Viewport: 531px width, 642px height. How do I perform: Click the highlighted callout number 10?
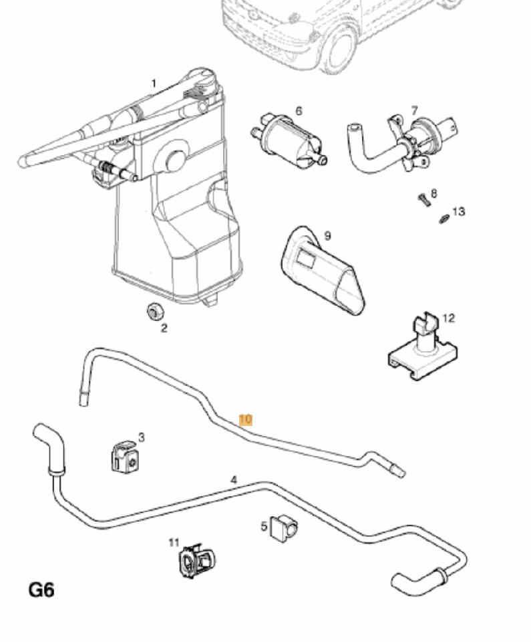coord(245,419)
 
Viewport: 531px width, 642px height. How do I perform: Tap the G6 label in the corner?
coord(41,590)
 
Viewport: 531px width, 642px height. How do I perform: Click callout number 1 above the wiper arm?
coord(154,84)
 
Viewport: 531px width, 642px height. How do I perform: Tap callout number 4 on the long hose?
coord(234,479)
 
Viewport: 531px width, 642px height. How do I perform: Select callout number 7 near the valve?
coord(414,110)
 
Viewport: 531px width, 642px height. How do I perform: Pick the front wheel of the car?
coord(340,50)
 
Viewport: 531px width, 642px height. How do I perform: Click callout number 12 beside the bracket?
coord(448,318)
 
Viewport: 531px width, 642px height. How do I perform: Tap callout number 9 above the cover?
coord(327,235)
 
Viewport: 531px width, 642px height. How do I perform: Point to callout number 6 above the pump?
coord(299,110)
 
